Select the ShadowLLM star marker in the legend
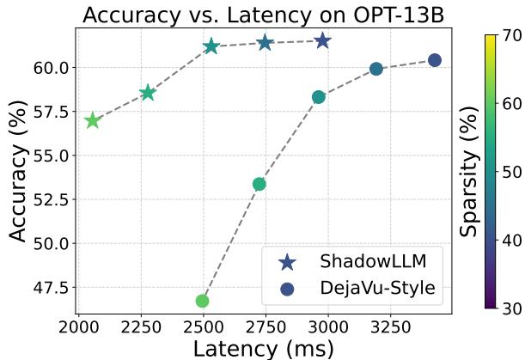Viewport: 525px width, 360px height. [287, 261]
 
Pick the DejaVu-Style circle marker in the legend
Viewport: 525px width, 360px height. [287, 290]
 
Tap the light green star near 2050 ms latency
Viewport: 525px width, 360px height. [92, 121]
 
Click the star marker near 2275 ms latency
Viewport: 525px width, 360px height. [148, 93]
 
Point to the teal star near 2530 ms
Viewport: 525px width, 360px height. [211, 46]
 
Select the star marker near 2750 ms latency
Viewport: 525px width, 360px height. [266, 42]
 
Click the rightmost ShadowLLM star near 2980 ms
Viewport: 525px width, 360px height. [322, 40]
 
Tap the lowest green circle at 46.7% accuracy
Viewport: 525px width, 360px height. [203, 301]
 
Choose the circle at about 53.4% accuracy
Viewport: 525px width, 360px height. [259, 184]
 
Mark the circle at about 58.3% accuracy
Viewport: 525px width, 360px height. [318, 97]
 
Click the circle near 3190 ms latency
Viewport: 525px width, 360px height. [375, 69]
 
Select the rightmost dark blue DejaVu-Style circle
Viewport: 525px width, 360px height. [435, 60]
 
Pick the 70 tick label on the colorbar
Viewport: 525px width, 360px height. [513, 36]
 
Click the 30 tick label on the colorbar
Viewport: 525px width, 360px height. [513, 307]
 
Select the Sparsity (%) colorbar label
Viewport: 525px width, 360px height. [468, 172]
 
